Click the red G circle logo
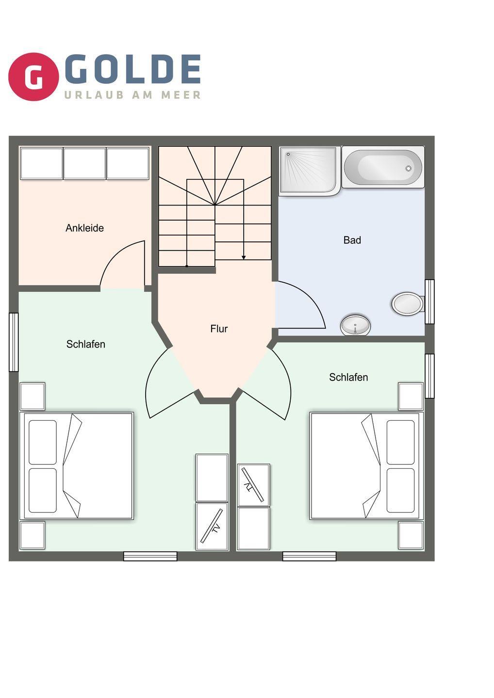(x=33, y=77)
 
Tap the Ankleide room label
(x=84, y=228)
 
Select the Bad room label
(x=352, y=240)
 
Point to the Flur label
(x=219, y=329)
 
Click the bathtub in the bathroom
(x=383, y=167)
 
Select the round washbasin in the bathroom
(x=355, y=325)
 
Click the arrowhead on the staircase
(x=244, y=257)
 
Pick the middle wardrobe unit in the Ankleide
(x=84, y=164)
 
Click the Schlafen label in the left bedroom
(x=86, y=344)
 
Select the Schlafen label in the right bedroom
(x=349, y=377)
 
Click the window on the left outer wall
(x=14, y=342)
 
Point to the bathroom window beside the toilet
(x=429, y=301)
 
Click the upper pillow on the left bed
(x=43, y=442)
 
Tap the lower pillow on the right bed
(x=400, y=491)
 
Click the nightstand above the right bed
(x=411, y=397)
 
